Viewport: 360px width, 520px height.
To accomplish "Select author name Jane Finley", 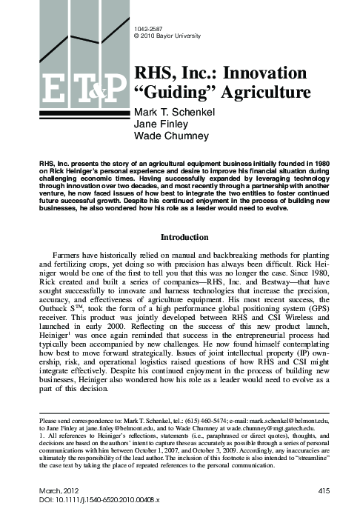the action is coord(157,124).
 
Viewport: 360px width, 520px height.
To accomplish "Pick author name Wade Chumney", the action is coord(166,136).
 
